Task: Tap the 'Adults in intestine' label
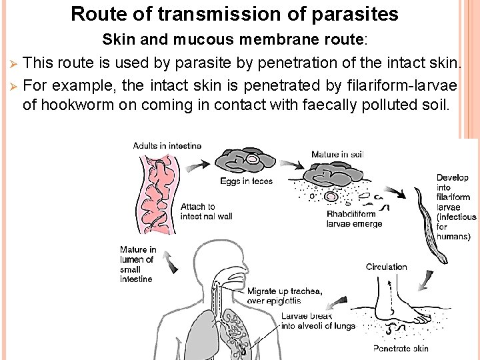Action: pyautogui.click(x=167, y=146)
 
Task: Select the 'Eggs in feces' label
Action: pyautogui.click(x=246, y=181)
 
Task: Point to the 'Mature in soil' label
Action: pyautogui.click(x=337, y=155)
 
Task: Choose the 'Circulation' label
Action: pyautogui.click(x=386, y=267)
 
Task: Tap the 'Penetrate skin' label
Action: pyautogui.click(x=401, y=349)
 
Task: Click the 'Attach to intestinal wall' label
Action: pyautogui.click(x=206, y=211)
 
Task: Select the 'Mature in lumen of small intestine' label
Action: pyautogui.click(x=138, y=265)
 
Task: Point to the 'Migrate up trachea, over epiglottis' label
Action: pyautogui.click(x=284, y=296)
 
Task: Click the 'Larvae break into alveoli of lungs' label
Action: pyautogui.click(x=318, y=321)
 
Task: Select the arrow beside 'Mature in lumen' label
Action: pyautogui.click(x=171, y=262)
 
